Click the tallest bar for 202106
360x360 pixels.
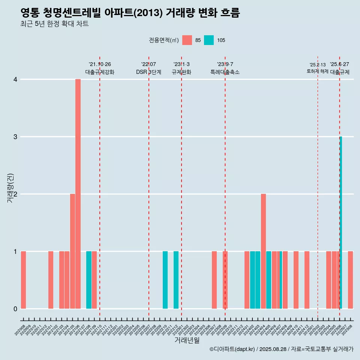78,194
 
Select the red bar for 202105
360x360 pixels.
72,251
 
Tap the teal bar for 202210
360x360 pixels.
165,280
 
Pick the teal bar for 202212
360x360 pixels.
176,280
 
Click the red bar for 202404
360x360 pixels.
263,251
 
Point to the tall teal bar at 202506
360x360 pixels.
341,222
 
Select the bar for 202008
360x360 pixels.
23,280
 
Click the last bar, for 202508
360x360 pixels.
350,280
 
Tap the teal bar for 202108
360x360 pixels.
89,280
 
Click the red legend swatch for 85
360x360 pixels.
187,40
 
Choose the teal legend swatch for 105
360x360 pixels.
209,40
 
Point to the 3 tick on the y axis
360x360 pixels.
15,137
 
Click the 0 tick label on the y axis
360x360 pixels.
15,309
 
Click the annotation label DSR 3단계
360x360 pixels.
148,72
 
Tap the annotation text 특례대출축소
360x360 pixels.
225,72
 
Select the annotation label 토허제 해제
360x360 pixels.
317,71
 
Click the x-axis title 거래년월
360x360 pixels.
187,340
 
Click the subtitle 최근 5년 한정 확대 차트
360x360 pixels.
54,24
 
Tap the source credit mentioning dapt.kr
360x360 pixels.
281,349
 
